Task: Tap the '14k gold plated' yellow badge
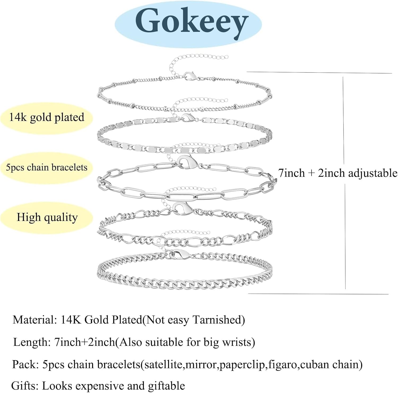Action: (47, 117)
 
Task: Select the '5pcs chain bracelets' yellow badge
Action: (47, 168)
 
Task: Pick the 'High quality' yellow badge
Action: (47, 217)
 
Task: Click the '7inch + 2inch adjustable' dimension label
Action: (338, 173)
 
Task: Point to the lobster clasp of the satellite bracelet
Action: (190, 76)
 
